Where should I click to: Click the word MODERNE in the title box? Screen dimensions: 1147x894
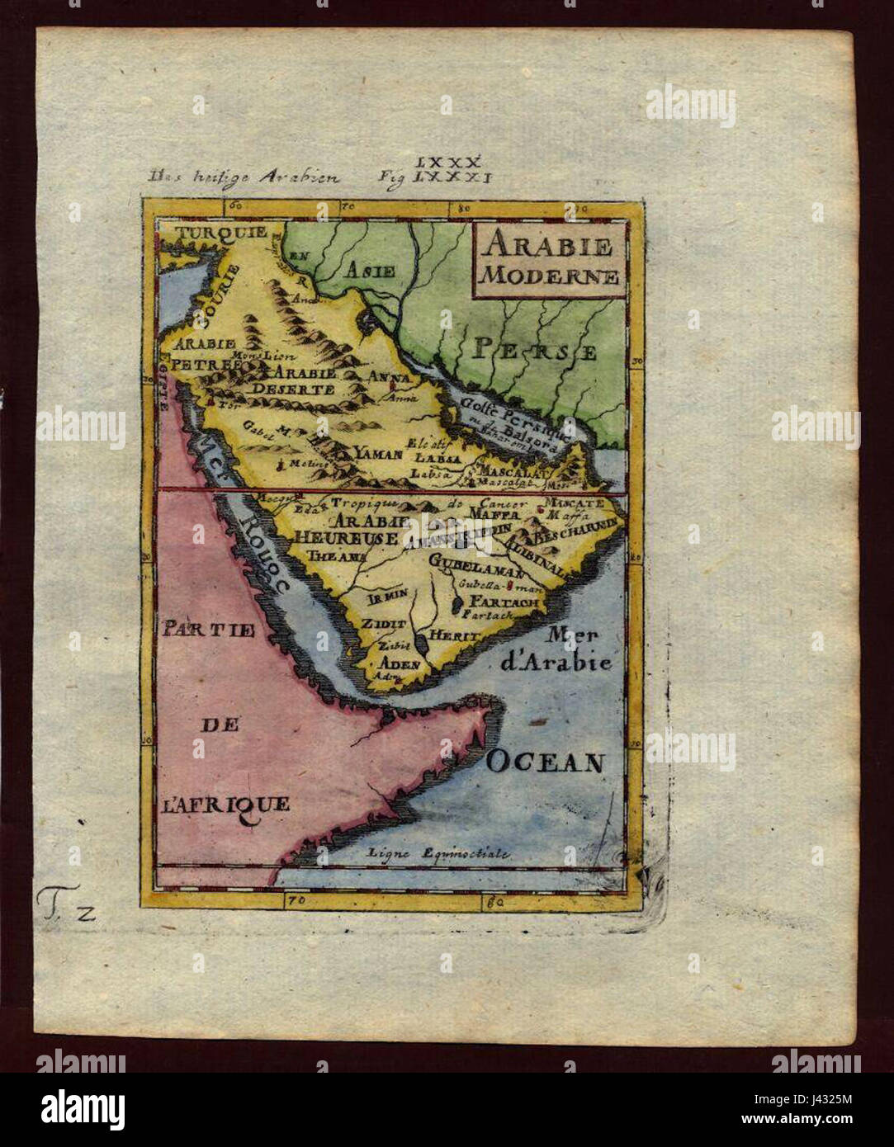tap(548, 276)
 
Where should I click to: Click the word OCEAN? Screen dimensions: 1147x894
tap(545, 761)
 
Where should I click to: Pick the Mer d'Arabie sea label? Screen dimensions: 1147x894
tap(578, 649)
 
